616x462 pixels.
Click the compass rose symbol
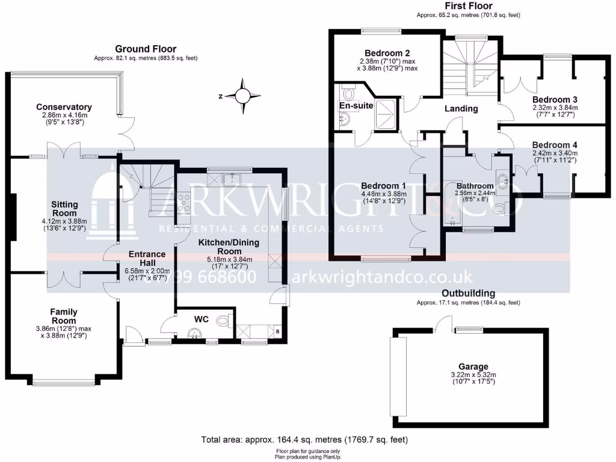pos(242,96)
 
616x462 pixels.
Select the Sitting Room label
pos(64,209)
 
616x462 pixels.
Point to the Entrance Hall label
pos(147,258)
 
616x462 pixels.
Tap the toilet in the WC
pos(224,320)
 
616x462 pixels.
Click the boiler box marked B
pos(277,331)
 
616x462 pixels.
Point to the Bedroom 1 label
pos(383,186)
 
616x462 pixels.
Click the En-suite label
pos(356,105)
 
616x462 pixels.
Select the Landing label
pos(461,109)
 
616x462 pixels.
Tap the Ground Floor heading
pos(146,49)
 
